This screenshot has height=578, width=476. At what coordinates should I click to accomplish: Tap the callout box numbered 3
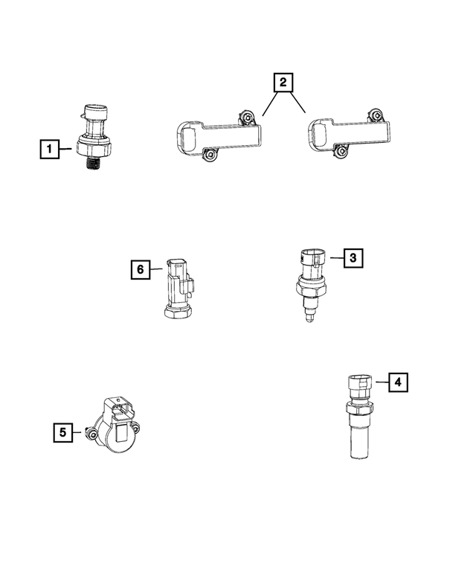tap(353, 258)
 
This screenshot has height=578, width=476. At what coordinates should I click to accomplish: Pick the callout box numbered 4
tap(398, 382)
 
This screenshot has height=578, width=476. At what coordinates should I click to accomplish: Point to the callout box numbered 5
tap(62, 431)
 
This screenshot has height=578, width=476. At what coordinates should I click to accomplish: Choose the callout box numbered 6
tap(140, 269)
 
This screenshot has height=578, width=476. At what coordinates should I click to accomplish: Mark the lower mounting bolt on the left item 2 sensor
tap(210, 154)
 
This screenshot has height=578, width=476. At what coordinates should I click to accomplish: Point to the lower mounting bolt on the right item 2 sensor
tap(341, 152)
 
